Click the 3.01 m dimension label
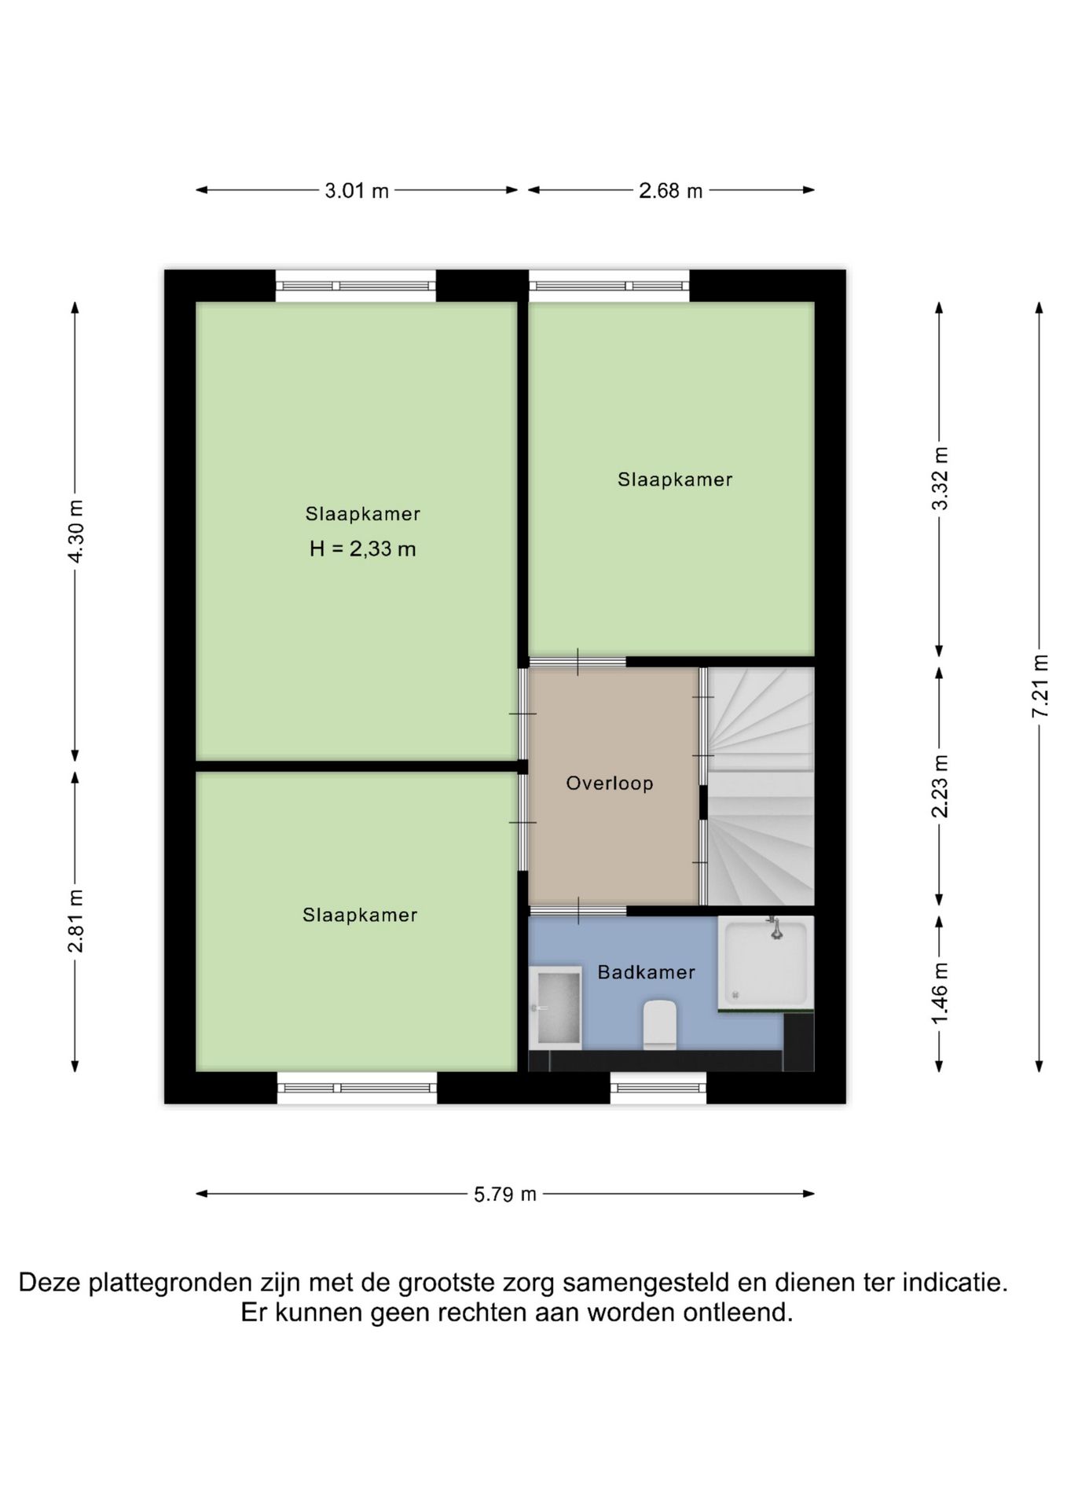(x=357, y=190)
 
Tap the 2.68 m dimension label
(x=670, y=190)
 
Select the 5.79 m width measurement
(x=505, y=1194)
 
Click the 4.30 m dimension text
(x=75, y=531)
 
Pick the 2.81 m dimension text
(x=75, y=921)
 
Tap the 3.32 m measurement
(x=940, y=479)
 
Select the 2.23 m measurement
(x=940, y=786)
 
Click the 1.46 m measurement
(x=940, y=993)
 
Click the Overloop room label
(x=610, y=783)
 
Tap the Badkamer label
(x=647, y=972)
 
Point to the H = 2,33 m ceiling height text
(x=362, y=549)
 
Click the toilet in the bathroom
(x=660, y=1024)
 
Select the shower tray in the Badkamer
(x=766, y=963)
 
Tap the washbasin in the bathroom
(x=555, y=1008)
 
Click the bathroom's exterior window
(x=658, y=1088)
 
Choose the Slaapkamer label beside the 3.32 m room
(x=675, y=479)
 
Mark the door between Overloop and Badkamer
(x=577, y=910)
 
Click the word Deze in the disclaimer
(x=49, y=1283)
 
